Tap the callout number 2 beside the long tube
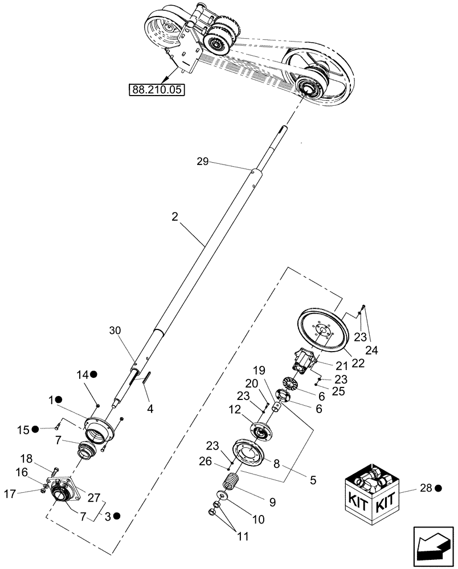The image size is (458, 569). (x=175, y=216)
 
